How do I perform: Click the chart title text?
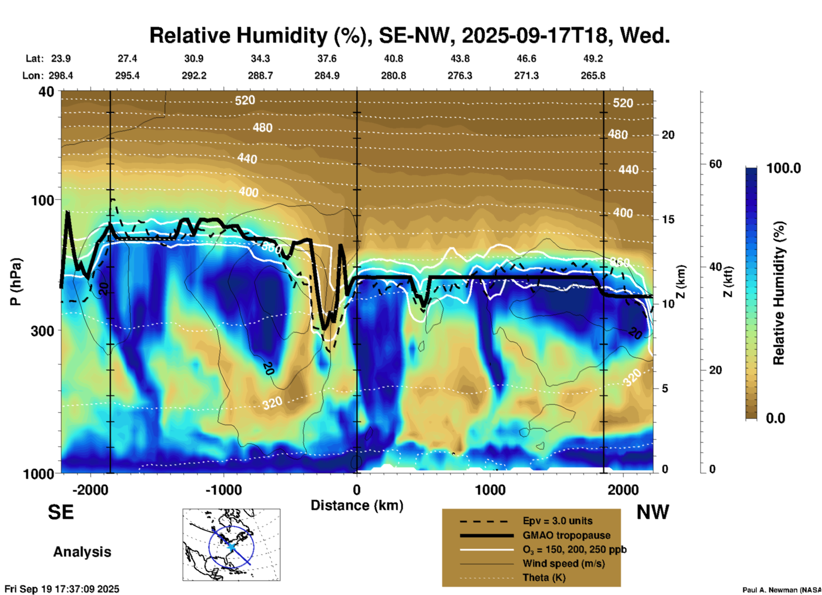pyautogui.click(x=409, y=35)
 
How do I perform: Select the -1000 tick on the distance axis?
pyautogui.click(x=224, y=490)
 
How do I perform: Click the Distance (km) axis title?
pyautogui.click(x=357, y=505)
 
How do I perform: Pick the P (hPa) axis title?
pyautogui.click(x=16, y=282)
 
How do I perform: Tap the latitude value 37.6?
pyautogui.click(x=327, y=58)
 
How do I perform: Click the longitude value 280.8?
pyautogui.click(x=394, y=76)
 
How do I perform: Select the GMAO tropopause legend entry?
pyautogui.click(x=566, y=535)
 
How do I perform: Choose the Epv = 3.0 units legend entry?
pyautogui.click(x=557, y=521)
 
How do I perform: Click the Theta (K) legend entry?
pyautogui.click(x=544, y=577)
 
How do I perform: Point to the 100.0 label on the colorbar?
pyautogui.click(x=784, y=168)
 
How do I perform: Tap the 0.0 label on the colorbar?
pyautogui.click(x=775, y=418)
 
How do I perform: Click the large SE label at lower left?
pyautogui.click(x=61, y=512)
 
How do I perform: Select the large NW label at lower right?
pyautogui.click(x=653, y=512)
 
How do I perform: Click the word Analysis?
pyautogui.click(x=82, y=552)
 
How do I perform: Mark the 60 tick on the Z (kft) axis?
pyautogui.click(x=715, y=164)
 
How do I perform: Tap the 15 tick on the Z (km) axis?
pyautogui.click(x=668, y=219)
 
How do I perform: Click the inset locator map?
pyautogui.click(x=231, y=544)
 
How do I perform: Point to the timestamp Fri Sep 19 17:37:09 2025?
pyautogui.click(x=62, y=589)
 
